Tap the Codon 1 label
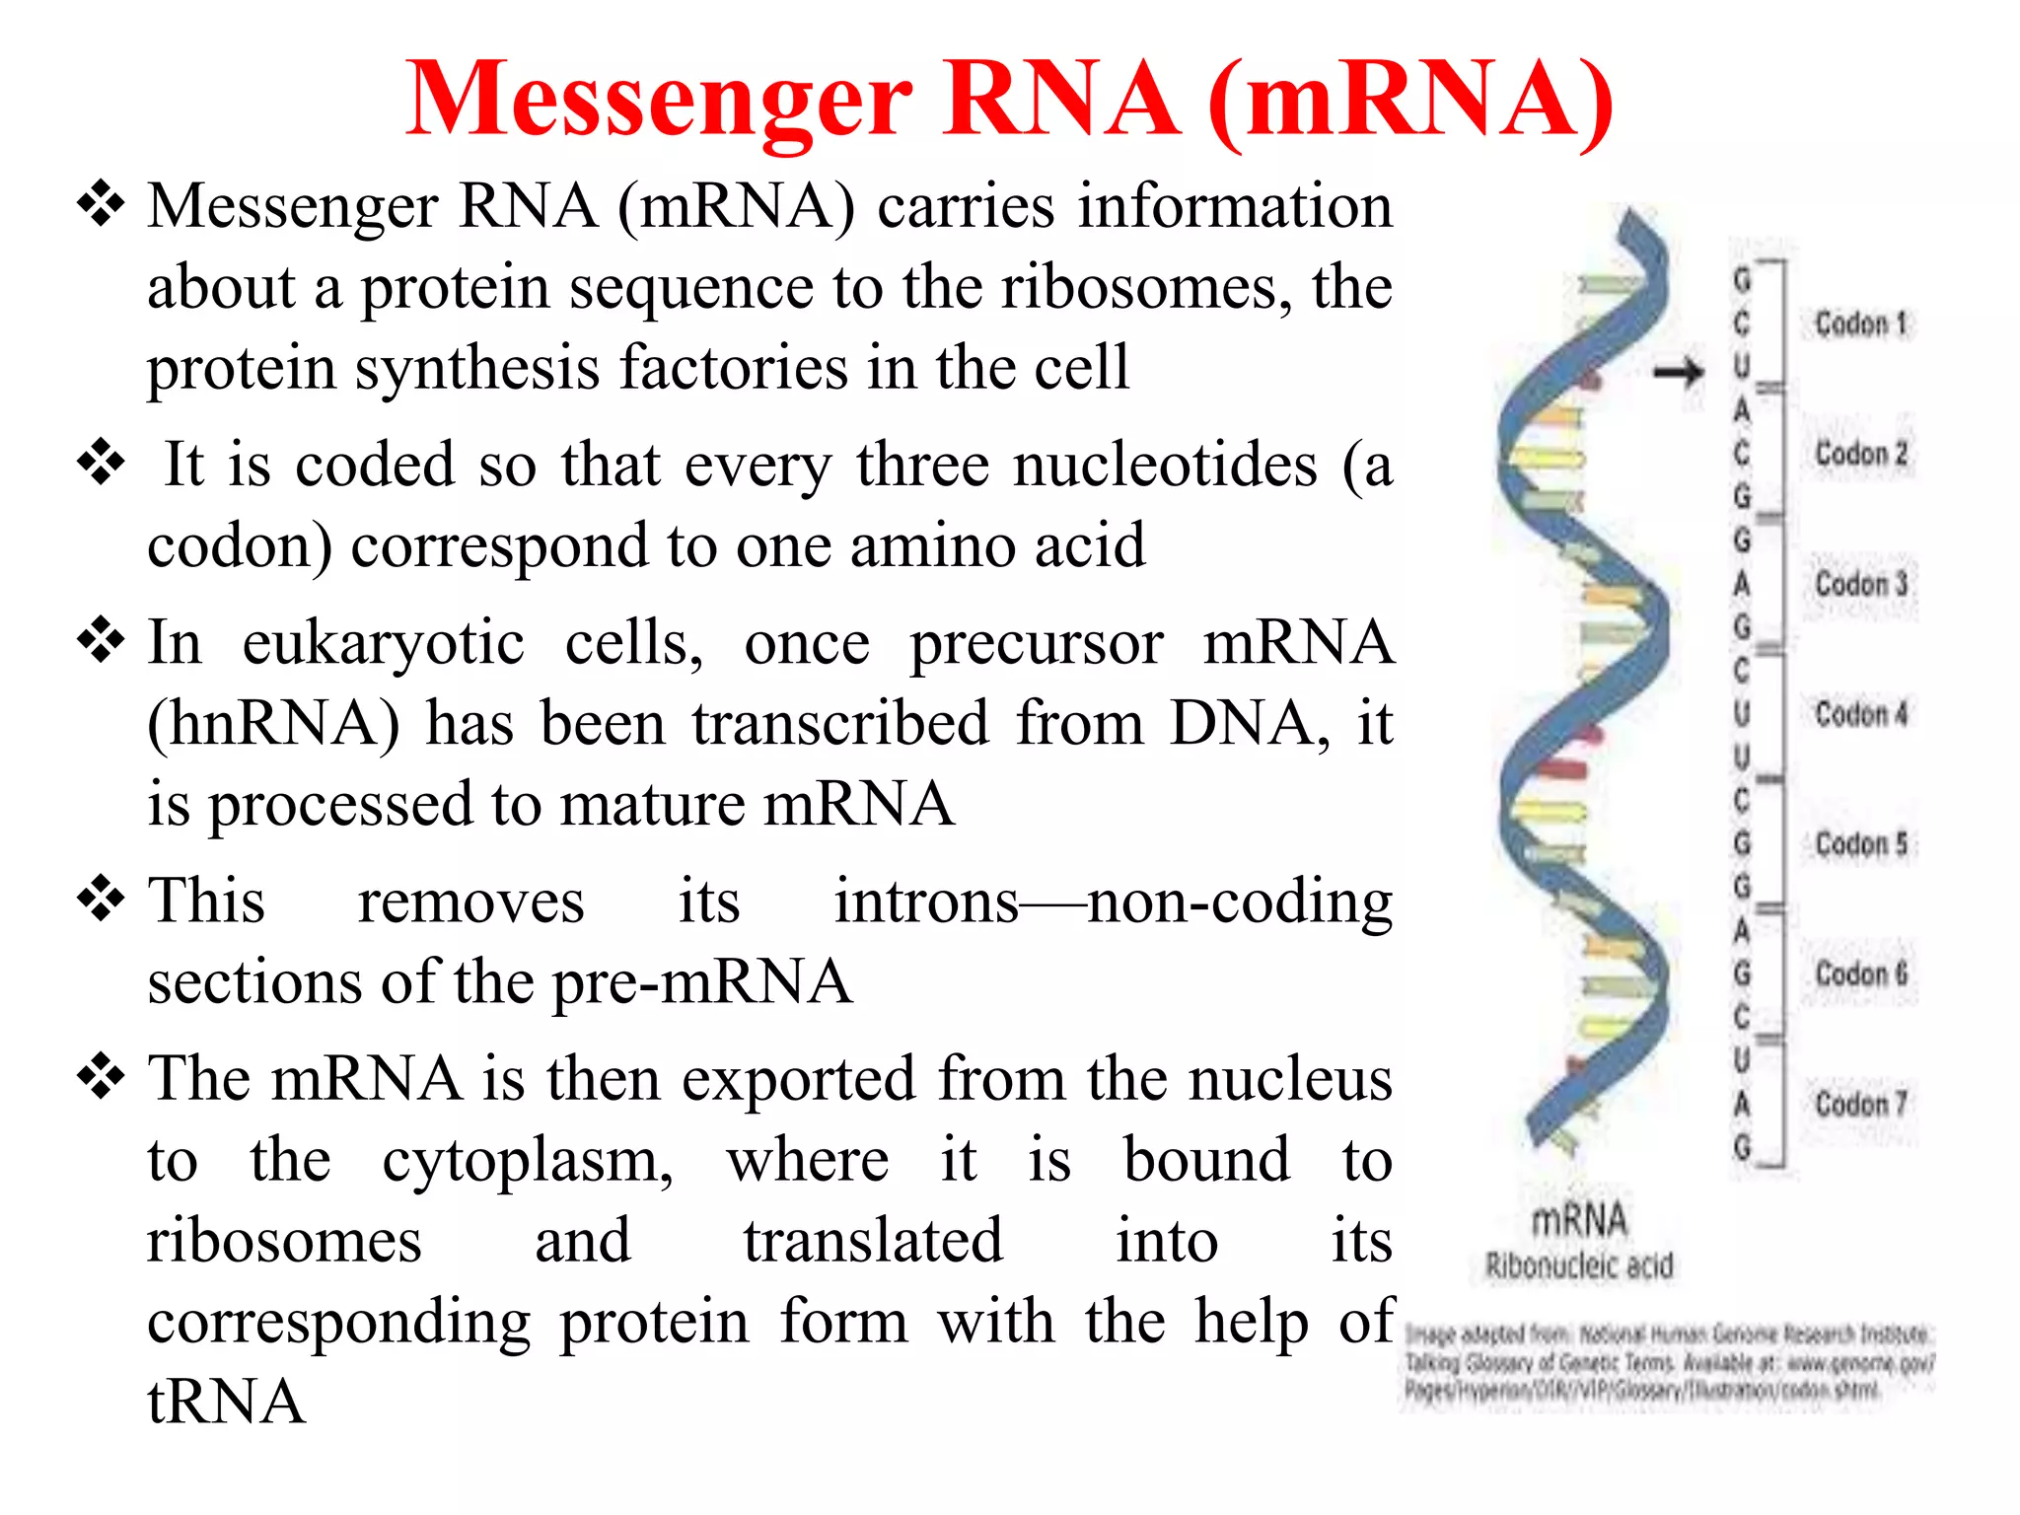click(x=1862, y=324)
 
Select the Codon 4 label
click(x=1862, y=713)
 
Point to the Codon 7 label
click(x=1862, y=1103)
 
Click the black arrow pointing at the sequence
click(x=1679, y=373)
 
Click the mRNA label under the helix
click(x=1579, y=1220)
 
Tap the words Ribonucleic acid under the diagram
click(x=1579, y=1265)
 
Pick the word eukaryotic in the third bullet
click(x=384, y=644)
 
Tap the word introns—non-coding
click(x=1113, y=902)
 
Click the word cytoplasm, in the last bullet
click(x=528, y=1161)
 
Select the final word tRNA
click(x=226, y=1403)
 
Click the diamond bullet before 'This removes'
click(x=101, y=898)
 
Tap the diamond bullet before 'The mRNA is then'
click(x=101, y=1075)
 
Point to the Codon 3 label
click(x=1862, y=583)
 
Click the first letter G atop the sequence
click(x=1743, y=280)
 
